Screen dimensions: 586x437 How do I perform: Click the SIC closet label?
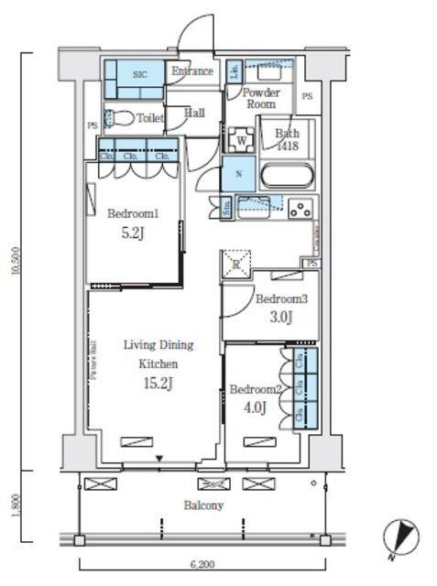pyautogui.click(x=140, y=74)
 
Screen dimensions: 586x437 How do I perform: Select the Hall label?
pyautogui.click(x=194, y=113)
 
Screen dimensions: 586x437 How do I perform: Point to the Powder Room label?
pyautogui.click(x=259, y=98)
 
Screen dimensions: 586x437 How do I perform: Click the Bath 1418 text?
pyautogui.click(x=288, y=138)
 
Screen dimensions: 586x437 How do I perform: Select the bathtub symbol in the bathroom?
pyautogui.click(x=287, y=175)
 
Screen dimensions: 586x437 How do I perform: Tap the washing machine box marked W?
pyautogui.click(x=241, y=140)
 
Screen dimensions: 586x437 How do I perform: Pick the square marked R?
pyautogui.click(x=235, y=265)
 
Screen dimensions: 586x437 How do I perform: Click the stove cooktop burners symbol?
pyautogui.click(x=300, y=208)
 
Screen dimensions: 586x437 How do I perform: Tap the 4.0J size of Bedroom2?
pyautogui.click(x=254, y=407)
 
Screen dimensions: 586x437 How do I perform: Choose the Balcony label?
pyautogui.click(x=203, y=505)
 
